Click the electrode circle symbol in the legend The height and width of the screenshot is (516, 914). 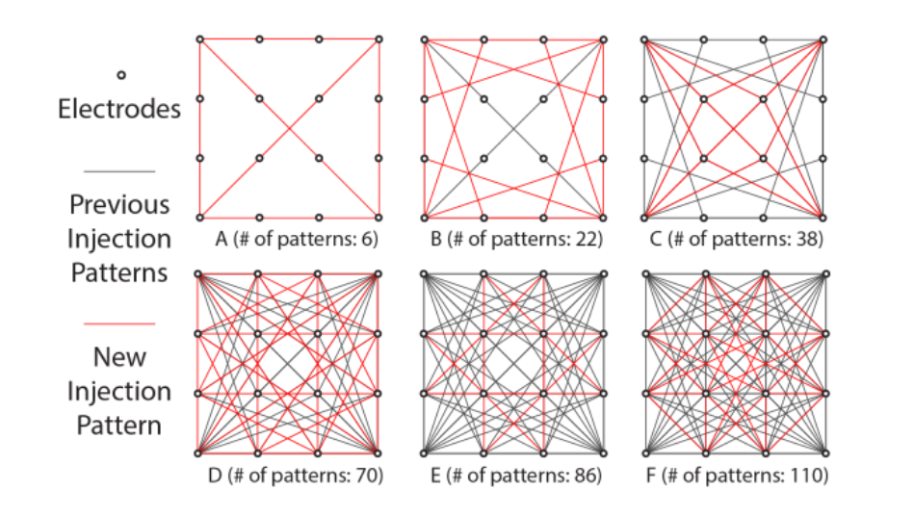tap(120, 75)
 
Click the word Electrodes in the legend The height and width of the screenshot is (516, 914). tap(119, 108)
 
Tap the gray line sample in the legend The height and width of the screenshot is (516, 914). tap(119, 171)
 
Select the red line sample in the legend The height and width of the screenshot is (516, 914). tap(119, 323)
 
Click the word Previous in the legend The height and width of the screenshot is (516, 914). tap(119, 204)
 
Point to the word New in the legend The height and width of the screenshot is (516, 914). tap(119, 357)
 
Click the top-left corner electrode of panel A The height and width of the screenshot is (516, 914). tap(199, 39)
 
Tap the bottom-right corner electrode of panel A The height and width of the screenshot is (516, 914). tap(379, 217)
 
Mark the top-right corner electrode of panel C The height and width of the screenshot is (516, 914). tap(823, 39)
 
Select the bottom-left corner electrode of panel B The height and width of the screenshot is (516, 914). tap(424, 217)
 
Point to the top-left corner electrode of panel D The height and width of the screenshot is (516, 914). tap(199, 275)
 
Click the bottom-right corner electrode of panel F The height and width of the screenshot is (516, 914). tap(823, 452)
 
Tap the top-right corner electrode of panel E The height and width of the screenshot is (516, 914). tap(603, 275)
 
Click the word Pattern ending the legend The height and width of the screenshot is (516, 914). tap(119, 426)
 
